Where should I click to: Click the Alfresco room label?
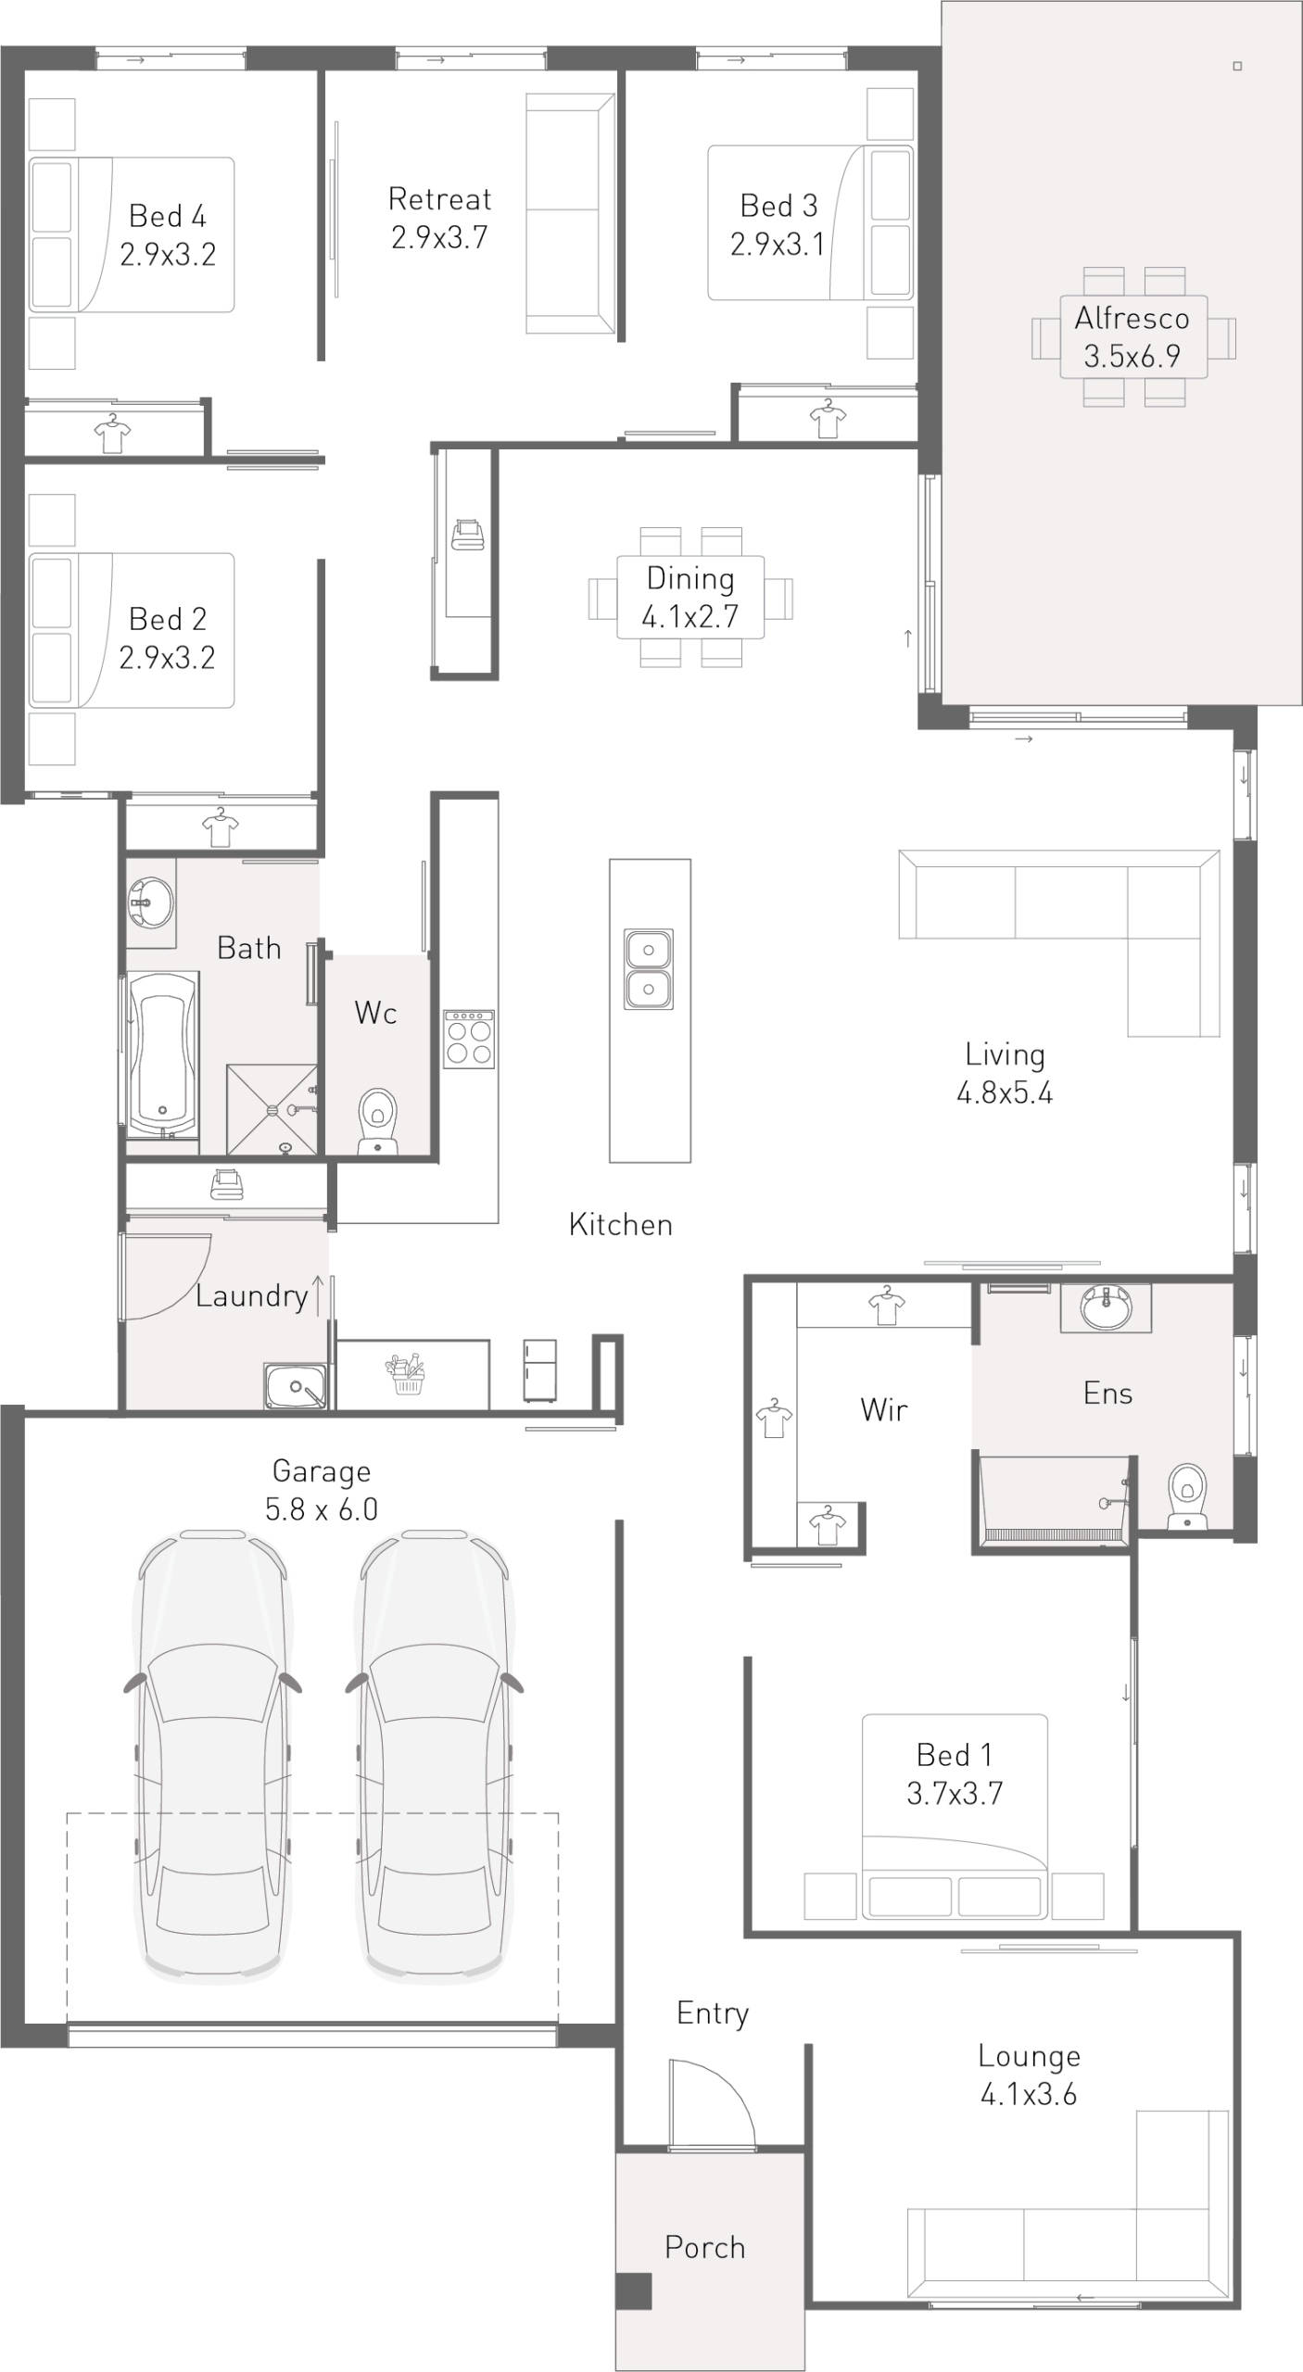click(1132, 318)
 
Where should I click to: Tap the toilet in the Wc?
click(377, 1119)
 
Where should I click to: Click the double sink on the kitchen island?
click(649, 969)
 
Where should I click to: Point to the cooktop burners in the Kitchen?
click(469, 1040)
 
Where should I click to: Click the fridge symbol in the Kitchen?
click(540, 1370)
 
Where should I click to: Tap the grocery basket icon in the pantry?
click(408, 1374)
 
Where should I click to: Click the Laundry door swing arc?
click(185, 1289)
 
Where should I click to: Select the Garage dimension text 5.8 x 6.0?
click(322, 1509)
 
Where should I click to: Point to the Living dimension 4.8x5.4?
click(1005, 1093)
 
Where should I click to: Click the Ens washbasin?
click(1106, 1307)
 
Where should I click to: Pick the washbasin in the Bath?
click(151, 902)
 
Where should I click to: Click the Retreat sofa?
click(570, 213)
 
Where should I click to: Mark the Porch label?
click(704, 2248)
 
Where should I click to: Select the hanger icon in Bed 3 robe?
click(828, 418)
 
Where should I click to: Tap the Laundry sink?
click(296, 1386)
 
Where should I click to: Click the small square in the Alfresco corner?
click(1237, 66)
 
